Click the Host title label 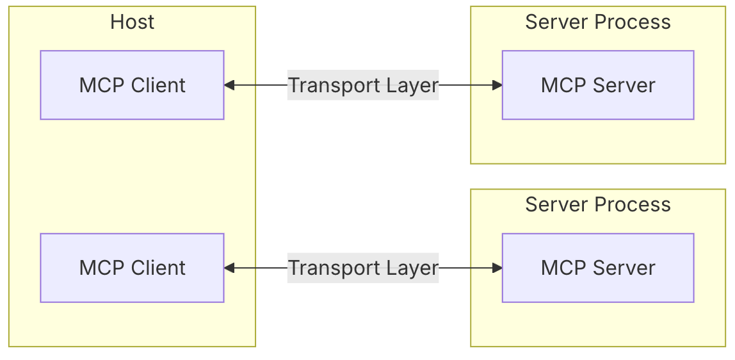[x=133, y=22]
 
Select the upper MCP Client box [x=132, y=85]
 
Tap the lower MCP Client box [x=132, y=268]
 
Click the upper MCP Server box [x=597, y=85]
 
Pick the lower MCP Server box [x=597, y=268]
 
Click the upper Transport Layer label [x=363, y=85]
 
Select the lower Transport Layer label [x=363, y=268]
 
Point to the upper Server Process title [x=597, y=22]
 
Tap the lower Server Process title [x=597, y=204]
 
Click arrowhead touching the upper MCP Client [x=229, y=85]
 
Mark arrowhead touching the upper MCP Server [x=497, y=85]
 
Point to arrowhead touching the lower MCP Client [x=229, y=268]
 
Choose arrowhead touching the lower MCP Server [x=497, y=268]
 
